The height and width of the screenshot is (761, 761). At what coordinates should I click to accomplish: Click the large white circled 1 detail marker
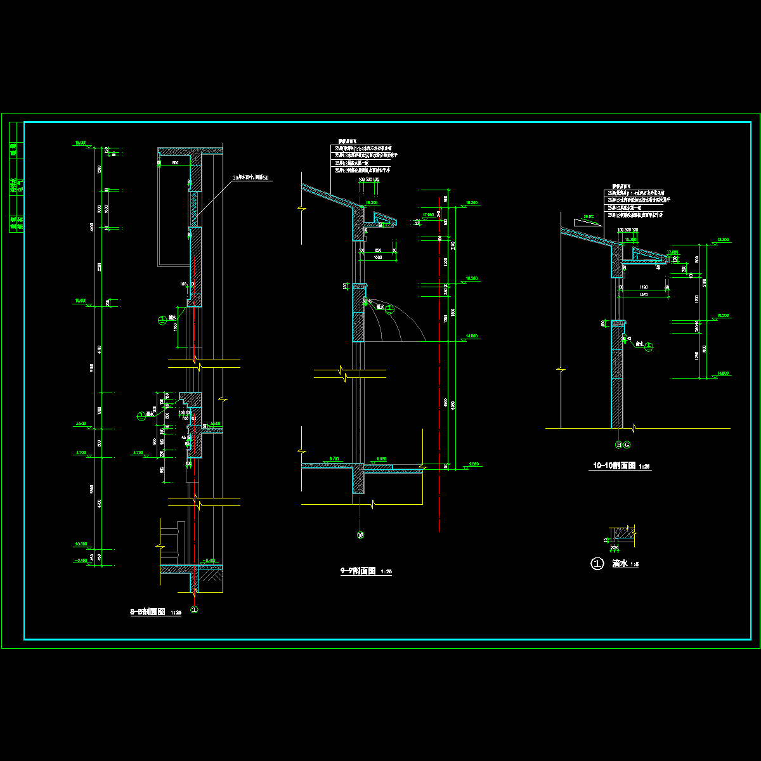click(597, 564)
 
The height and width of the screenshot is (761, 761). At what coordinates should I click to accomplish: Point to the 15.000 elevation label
click(81, 143)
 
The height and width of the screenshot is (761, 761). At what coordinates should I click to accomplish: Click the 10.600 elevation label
click(81, 301)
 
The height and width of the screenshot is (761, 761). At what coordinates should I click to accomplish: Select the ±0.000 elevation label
click(81, 544)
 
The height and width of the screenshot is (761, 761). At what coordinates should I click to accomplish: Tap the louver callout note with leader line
click(252, 178)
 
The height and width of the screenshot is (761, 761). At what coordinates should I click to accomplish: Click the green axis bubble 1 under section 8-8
click(195, 609)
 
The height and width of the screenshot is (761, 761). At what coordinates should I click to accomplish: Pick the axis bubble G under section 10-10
click(627, 445)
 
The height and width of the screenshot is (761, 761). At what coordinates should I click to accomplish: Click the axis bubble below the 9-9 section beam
click(360, 535)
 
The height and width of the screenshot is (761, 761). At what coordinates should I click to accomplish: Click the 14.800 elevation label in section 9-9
click(471, 336)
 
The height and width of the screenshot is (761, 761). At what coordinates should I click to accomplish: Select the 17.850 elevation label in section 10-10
click(672, 252)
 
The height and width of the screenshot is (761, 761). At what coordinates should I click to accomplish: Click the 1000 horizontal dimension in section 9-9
click(378, 257)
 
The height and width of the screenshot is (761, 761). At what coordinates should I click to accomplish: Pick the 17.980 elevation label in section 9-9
click(427, 215)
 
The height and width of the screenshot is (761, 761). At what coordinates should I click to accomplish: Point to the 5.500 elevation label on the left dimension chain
click(81, 423)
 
